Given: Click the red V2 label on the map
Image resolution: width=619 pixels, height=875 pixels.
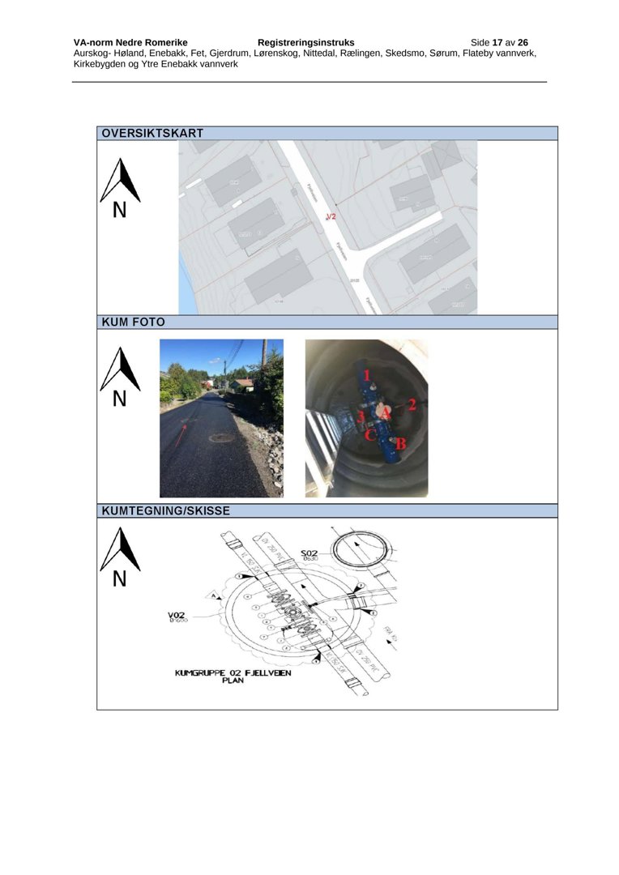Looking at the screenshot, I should pos(330,216).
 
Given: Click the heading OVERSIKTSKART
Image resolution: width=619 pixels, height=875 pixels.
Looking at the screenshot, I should pos(152,133).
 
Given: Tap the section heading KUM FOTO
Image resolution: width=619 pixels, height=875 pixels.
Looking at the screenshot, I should pos(133,322).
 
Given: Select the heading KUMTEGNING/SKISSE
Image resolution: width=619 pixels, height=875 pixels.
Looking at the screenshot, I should pos(165,511).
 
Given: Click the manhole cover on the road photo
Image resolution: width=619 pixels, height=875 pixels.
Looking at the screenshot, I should pos(221,438).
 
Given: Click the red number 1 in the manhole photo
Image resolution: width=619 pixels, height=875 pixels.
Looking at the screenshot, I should pos(366,375).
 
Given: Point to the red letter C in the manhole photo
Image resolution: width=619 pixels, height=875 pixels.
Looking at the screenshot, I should pos(369,435).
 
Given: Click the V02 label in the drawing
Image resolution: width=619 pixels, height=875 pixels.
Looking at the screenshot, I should pos(177,615).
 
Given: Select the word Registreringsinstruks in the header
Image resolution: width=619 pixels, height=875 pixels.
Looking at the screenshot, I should pos(305,42).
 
